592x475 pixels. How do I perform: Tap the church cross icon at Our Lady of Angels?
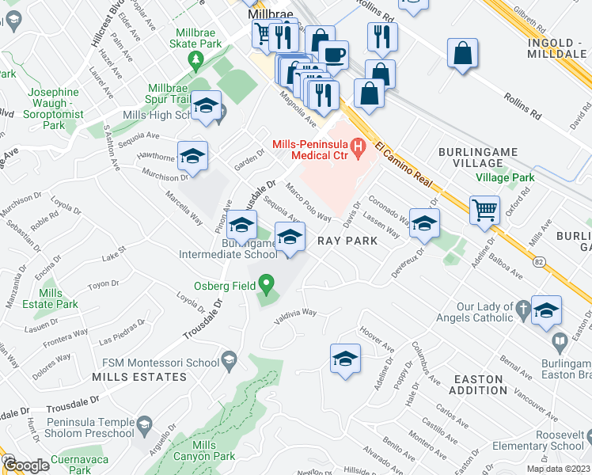click(523, 307)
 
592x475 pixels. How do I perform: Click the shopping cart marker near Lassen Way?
click(484, 211)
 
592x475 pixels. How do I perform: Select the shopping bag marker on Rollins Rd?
click(462, 54)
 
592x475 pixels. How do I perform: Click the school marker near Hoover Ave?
click(345, 359)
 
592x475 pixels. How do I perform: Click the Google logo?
click(25, 465)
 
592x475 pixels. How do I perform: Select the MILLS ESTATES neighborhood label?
click(139, 377)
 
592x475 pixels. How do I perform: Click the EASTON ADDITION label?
click(480, 385)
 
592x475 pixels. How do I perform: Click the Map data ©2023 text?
click(557, 469)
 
